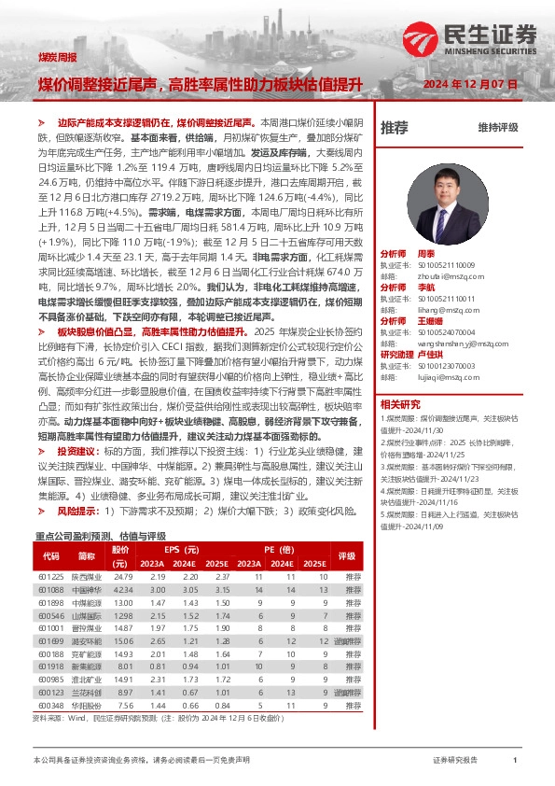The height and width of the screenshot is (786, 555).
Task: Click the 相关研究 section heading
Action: point(401,404)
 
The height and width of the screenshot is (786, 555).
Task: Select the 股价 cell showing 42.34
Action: point(122,591)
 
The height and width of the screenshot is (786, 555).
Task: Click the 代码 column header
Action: point(50,557)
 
